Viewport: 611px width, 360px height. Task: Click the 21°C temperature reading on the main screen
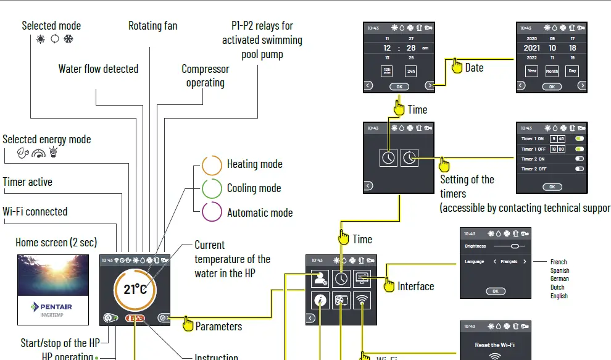tap(135, 289)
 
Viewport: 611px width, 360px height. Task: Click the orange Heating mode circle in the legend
tap(212, 165)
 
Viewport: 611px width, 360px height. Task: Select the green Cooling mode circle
tap(212, 188)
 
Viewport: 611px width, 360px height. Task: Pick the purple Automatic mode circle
tap(212, 212)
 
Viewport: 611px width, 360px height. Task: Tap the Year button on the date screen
tap(531, 72)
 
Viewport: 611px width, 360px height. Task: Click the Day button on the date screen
tap(572, 72)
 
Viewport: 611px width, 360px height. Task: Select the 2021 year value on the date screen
tap(531, 48)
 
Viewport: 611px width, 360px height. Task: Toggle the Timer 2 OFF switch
tap(579, 169)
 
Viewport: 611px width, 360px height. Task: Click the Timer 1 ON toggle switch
tap(579, 139)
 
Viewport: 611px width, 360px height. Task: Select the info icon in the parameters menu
tap(320, 301)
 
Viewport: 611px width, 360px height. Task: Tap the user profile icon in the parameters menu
tap(320, 278)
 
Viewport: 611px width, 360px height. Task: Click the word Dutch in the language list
tap(558, 287)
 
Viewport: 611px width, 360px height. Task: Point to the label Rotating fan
tap(152, 25)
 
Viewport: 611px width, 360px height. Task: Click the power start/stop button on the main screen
tap(108, 319)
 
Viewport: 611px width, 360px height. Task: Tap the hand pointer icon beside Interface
tap(389, 285)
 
